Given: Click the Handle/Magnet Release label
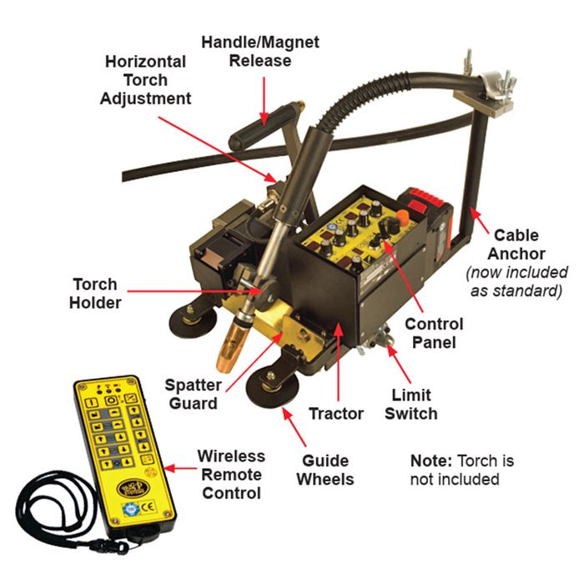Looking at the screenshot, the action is coord(260,52).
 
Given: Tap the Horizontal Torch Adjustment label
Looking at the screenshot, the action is coord(145,80).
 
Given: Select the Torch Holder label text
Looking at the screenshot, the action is coord(95,294).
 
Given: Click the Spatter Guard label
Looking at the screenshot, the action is coord(194,394).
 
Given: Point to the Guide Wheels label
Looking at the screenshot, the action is coord(325,470).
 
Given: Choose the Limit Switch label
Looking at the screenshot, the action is coord(410,404).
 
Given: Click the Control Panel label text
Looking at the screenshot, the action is coord(434,333).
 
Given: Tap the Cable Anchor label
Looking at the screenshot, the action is coord(516,244).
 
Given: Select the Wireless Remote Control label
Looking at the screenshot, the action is coord(231,475).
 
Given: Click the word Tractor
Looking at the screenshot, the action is coord(336,414).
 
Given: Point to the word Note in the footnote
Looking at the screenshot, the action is coord(431,461).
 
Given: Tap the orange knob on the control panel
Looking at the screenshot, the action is coord(401,216).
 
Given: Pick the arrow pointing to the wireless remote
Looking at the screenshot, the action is coord(179,468).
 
